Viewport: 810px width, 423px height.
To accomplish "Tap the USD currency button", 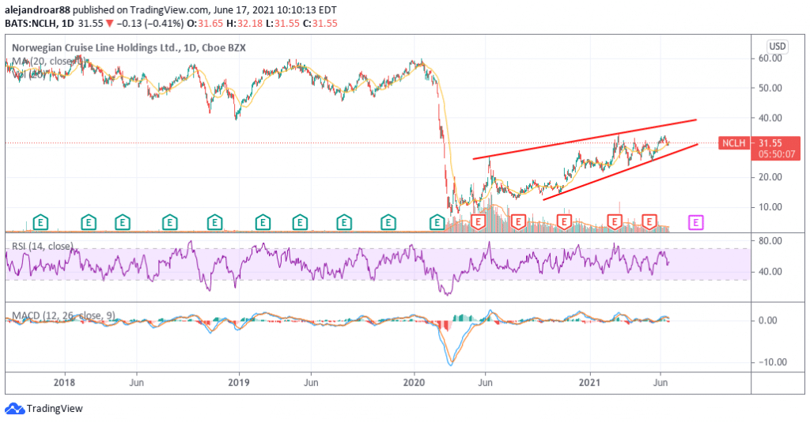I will [x=777, y=46].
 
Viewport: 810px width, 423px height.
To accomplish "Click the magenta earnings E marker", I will [x=696, y=223].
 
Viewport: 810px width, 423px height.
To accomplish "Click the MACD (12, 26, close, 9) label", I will [x=63, y=315].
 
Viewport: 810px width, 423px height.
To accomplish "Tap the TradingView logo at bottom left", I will [x=44, y=409].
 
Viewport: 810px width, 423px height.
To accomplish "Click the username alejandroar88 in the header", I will [x=38, y=9].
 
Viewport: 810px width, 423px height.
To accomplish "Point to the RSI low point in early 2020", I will [x=449, y=295].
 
